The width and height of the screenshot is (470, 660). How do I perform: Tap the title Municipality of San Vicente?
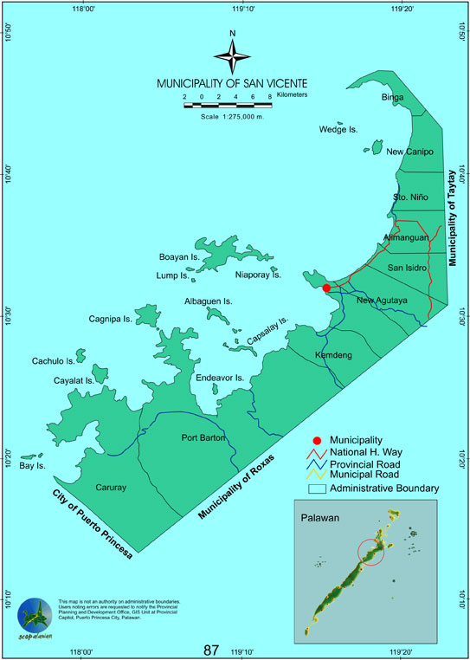point(231,84)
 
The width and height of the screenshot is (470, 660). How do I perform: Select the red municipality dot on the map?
point(326,288)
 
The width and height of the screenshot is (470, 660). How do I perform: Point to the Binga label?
point(393,98)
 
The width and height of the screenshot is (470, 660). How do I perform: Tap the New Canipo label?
point(409,152)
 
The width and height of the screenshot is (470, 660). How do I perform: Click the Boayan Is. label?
point(179,258)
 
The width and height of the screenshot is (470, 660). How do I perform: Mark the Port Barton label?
point(203,437)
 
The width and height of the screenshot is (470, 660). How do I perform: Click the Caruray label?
point(111,488)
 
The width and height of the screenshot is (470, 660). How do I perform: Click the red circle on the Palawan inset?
point(371,552)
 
